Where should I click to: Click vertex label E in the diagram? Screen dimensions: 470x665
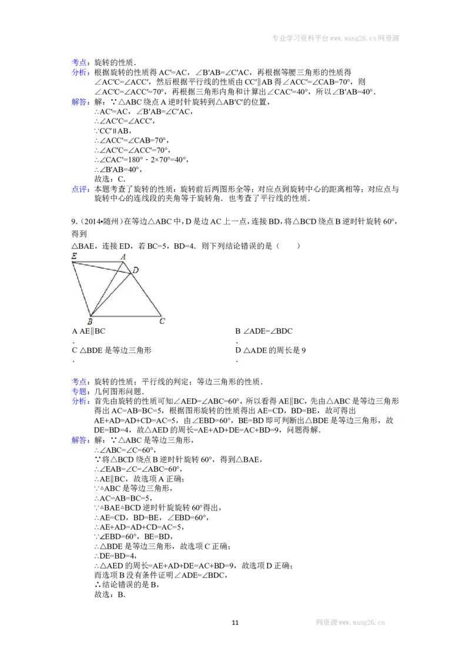74,256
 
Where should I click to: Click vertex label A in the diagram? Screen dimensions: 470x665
123,257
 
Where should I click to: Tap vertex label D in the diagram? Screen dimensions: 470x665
136,270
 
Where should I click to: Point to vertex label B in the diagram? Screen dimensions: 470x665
89,321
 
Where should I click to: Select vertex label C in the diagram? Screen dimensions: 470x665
162,321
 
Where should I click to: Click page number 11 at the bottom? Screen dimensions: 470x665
235,623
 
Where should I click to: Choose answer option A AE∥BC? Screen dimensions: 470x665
89,331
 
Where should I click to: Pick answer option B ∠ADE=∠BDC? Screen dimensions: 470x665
264,331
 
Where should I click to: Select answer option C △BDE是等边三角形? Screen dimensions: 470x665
112,350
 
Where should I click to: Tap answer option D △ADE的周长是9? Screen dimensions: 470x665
271,350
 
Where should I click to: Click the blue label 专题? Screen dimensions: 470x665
80,391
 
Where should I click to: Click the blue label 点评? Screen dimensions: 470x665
80,189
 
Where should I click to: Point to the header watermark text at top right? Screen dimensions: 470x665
335,38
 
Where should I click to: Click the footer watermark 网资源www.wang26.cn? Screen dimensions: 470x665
350,623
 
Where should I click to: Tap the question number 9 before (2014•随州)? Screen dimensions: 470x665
74,221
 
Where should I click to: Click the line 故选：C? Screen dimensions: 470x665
109,179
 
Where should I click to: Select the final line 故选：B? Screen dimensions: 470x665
109,595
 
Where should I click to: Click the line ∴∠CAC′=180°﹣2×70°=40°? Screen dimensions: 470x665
141,160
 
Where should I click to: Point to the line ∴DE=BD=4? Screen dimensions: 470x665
115,556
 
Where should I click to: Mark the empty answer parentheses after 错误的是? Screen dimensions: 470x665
288,246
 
